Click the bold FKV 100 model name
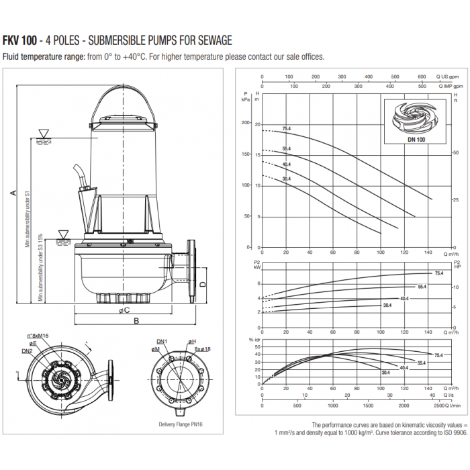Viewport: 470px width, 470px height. pos(21,41)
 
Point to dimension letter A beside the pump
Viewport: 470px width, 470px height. pos(12,193)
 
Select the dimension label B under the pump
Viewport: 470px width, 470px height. pos(136,321)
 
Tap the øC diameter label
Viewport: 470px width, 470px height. pos(126,310)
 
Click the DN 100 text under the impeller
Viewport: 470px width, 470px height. pos(416,139)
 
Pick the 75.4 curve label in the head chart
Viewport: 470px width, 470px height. pos(287,128)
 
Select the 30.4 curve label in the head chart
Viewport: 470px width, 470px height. pos(287,179)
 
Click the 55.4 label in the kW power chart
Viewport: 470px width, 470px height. pos(422,287)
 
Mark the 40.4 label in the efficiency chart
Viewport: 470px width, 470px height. pos(404,368)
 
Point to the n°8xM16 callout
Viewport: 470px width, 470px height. pos(39,336)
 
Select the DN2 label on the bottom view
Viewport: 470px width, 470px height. pos(27,351)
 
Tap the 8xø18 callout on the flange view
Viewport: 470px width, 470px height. pos(202,350)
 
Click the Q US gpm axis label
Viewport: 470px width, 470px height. pos(451,77)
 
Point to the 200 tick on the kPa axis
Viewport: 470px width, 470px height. pos(253,124)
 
